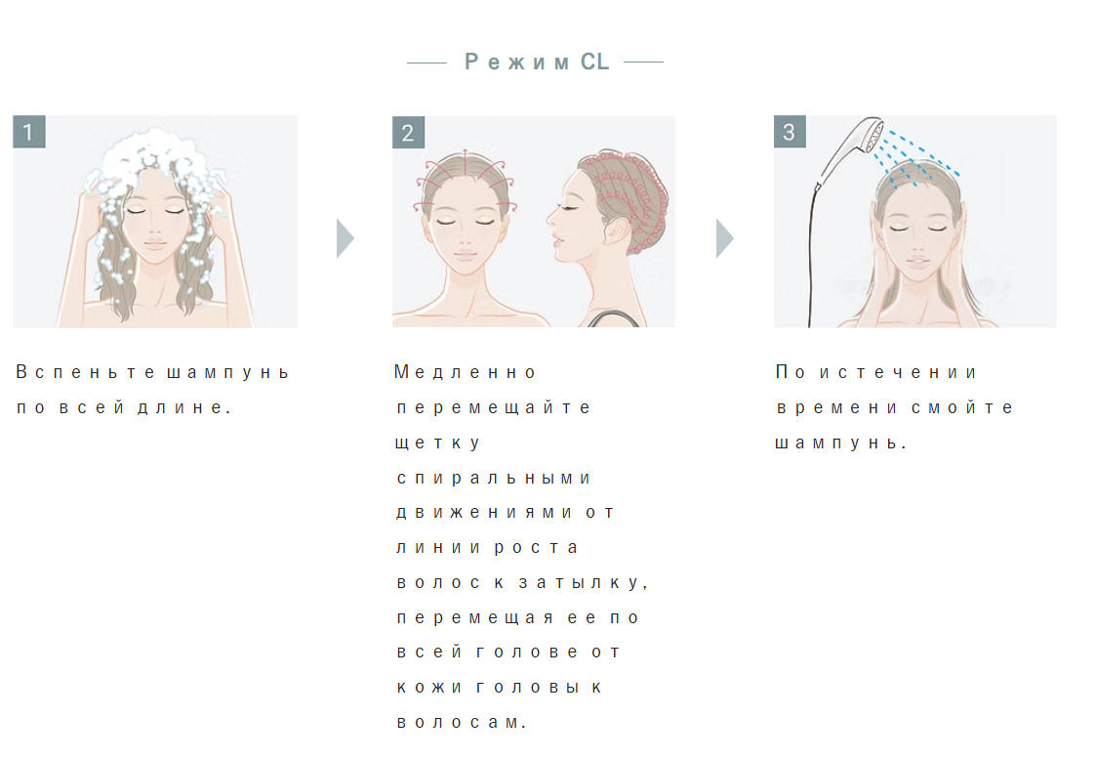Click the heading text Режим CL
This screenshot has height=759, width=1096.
point(537,63)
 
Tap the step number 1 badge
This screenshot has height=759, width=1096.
point(28,132)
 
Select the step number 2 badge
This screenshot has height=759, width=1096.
point(408,132)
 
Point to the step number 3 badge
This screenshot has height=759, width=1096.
point(790,132)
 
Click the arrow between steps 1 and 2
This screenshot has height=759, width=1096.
point(345,238)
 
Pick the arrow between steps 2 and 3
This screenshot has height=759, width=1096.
point(725,238)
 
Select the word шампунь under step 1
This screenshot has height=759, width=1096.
point(227,373)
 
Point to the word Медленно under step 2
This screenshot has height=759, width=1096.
point(465,372)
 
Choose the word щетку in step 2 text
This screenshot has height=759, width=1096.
point(437,443)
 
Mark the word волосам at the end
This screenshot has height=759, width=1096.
point(462,723)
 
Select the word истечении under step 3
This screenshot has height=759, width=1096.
point(898,373)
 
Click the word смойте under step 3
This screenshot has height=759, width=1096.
point(961,408)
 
